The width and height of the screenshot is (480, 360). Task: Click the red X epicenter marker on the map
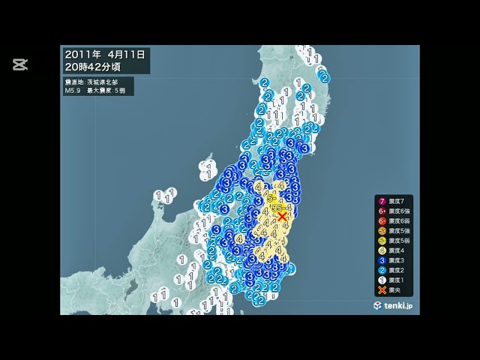(282, 217)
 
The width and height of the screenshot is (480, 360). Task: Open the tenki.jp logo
(397, 306)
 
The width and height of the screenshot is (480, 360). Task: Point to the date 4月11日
(127, 55)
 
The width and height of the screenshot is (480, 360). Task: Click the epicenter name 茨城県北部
(97, 81)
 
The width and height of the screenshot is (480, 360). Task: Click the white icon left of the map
(20, 64)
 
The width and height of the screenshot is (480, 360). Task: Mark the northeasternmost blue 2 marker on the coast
(324, 76)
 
